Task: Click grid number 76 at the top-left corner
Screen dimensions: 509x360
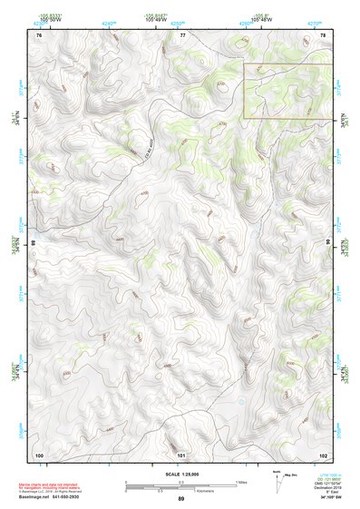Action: click(x=39, y=34)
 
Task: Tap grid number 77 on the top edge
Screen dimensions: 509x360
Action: click(x=181, y=34)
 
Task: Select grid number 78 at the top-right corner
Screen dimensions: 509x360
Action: click(x=323, y=34)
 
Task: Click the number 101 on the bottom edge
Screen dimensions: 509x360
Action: click(x=181, y=454)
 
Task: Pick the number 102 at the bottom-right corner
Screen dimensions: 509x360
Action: click(x=322, y=454)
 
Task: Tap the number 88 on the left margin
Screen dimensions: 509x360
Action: click(x=34, y=243)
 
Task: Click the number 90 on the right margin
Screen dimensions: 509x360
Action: click(x=328, y=243)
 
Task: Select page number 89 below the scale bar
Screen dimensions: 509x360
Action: click(x=181, y=500)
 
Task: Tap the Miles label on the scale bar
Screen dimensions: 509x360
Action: click(x=241, y=481)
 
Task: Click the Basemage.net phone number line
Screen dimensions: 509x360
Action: click(x=69, y=499)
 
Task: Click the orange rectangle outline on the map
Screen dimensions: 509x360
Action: click(x=287, y=91)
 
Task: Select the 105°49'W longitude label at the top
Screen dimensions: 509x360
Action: click(x=181, y=18)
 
